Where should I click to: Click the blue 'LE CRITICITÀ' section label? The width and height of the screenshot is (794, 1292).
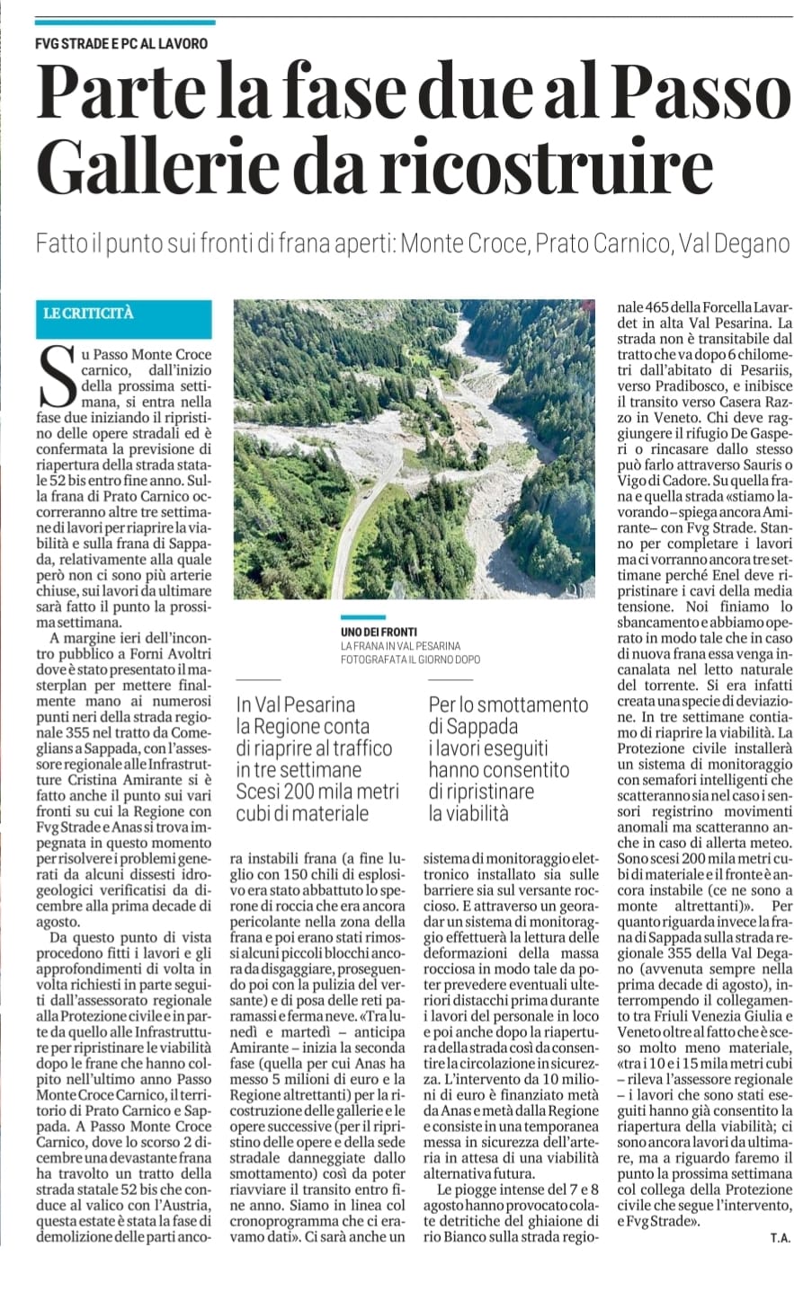pos(89,313)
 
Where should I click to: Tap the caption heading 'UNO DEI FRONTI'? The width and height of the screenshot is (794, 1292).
pos(379,633)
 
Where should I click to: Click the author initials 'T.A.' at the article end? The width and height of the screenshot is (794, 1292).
pos(779,1238)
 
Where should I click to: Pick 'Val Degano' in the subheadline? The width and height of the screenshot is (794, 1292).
pos(734,244)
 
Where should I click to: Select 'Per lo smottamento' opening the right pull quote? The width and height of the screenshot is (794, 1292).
pos(508,705)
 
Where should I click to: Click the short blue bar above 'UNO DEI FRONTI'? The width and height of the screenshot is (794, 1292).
pos(363,617)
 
